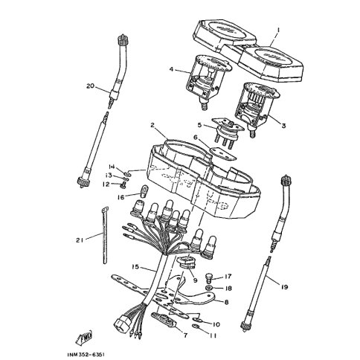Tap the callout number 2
pyautogui.click(x=152, y=126)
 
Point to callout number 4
pyautogui.click(x=170, y=70)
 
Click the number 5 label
pyautogui.click(x=200, y=125)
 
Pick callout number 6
pyautogui.click(x=195, y=138)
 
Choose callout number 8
pyautogui.click(x=226, y=302)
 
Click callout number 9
pyautogui.click(x=194, y=281)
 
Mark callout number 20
pyautogui.click(x=90, y=86)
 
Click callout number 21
pyautogui.click(x=80, y=239)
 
